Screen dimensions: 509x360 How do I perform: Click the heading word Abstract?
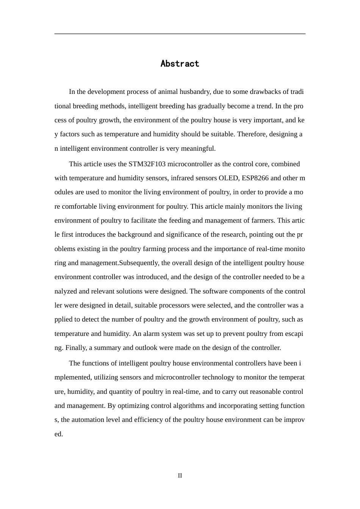coord(180,64)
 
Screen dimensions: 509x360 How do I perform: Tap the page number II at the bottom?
coord(180,476)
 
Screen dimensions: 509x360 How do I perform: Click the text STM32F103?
coord(147,164)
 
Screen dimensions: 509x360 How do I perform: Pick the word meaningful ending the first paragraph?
coord(198,148)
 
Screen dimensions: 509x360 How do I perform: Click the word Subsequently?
coord(139,263)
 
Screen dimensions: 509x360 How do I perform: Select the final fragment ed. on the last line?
coord(59,434)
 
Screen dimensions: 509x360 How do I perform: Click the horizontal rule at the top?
coord(180,34)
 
